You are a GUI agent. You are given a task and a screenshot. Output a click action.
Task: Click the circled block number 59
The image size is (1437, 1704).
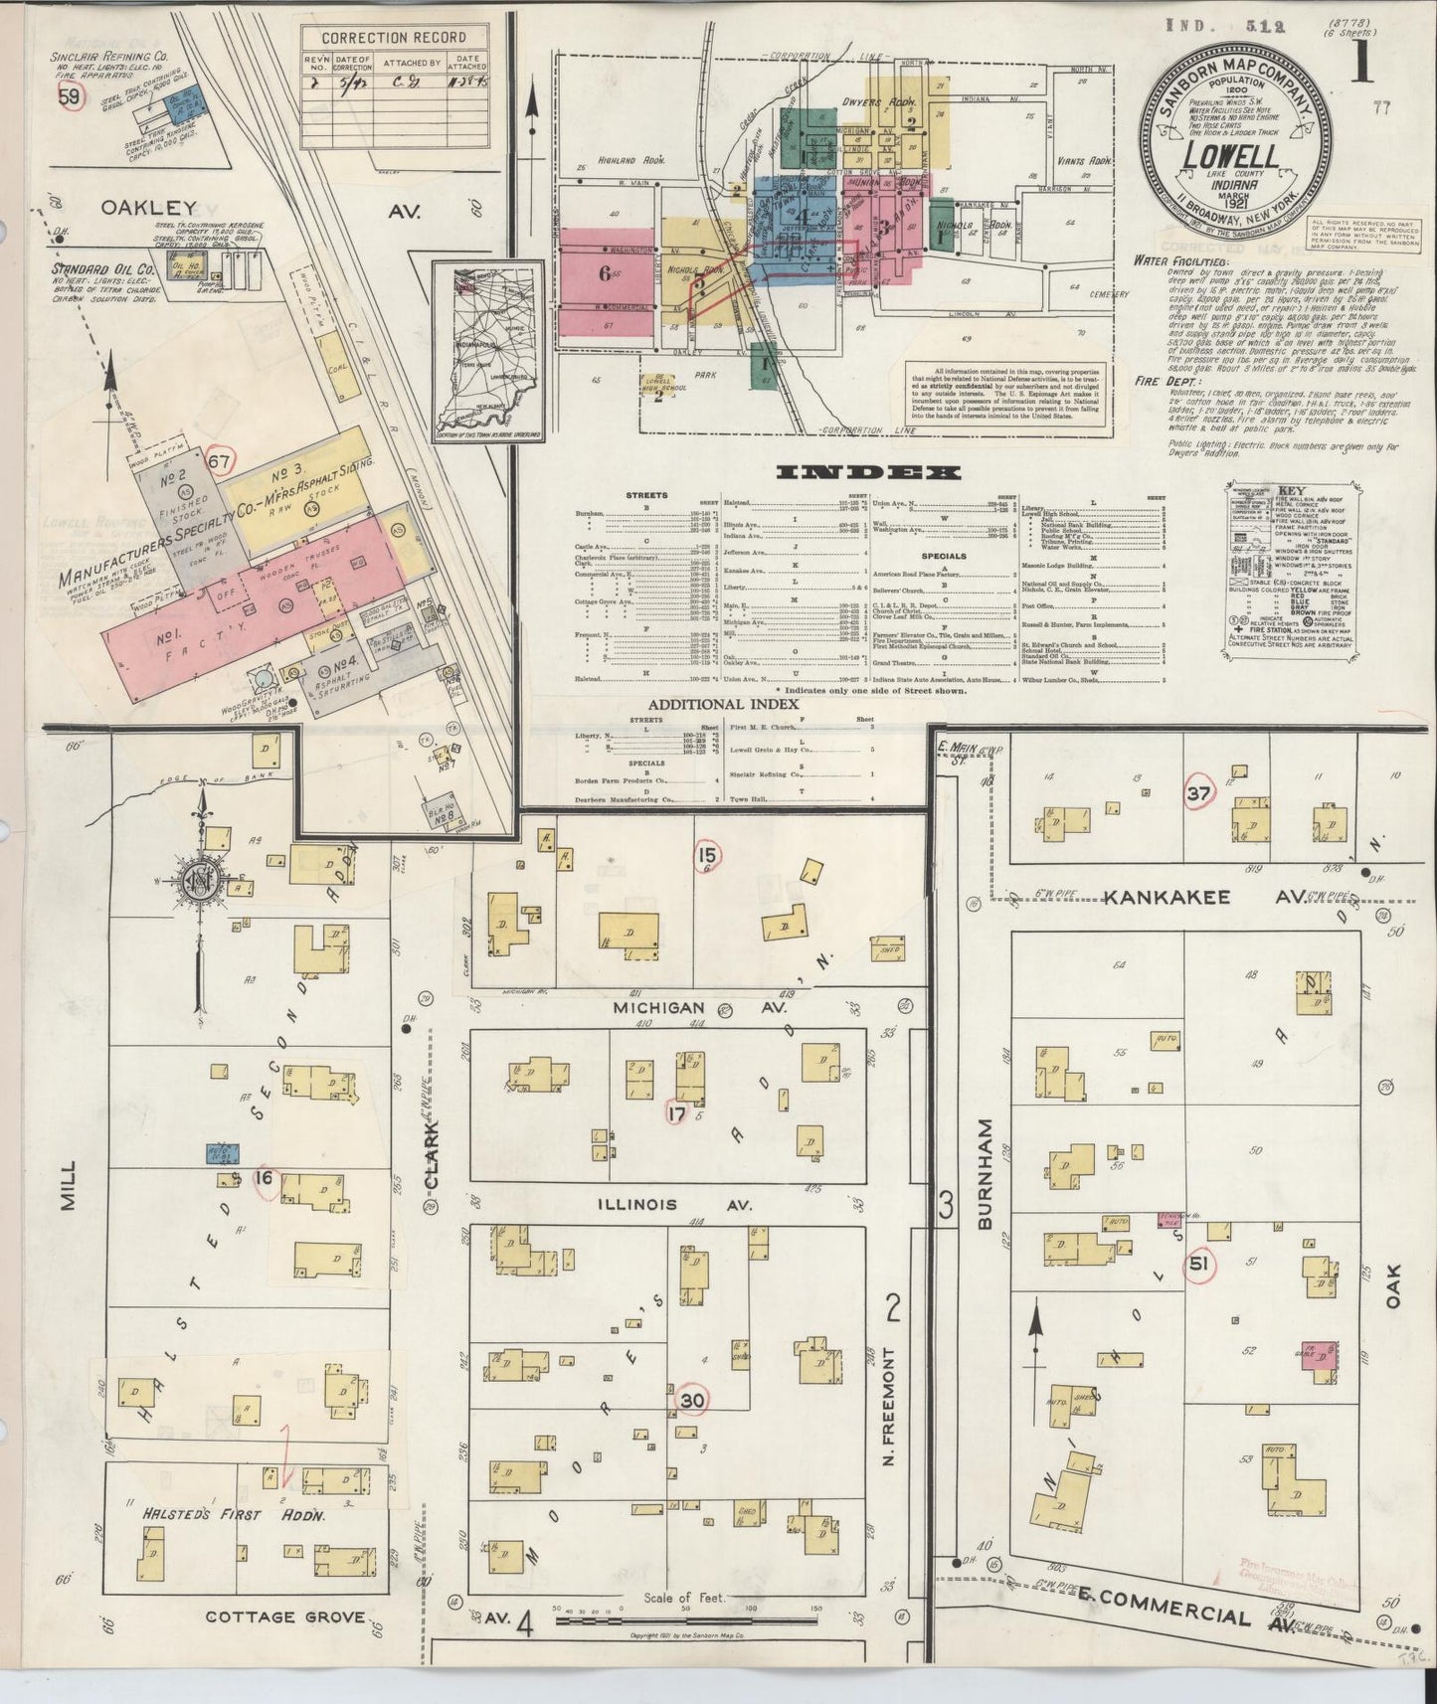tap(70, 97)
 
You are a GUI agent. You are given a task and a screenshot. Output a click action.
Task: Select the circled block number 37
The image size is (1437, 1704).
tap(1199, 793)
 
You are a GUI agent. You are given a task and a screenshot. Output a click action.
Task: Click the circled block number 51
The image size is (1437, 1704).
tap(1197, 1264)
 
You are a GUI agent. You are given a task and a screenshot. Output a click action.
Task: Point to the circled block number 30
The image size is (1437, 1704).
tap(693, 1399)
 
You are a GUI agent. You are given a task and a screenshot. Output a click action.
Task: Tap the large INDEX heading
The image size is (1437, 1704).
tap(867, 472)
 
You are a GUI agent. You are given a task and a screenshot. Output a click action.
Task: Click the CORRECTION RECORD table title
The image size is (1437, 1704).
tap(394, 38)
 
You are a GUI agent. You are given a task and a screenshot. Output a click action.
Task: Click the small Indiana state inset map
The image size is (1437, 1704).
tap(487, 350)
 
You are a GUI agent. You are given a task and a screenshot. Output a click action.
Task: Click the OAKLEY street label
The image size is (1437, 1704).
tap(148, 209)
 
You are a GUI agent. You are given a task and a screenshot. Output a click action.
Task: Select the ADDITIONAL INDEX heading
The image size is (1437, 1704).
tap(724, 704)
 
